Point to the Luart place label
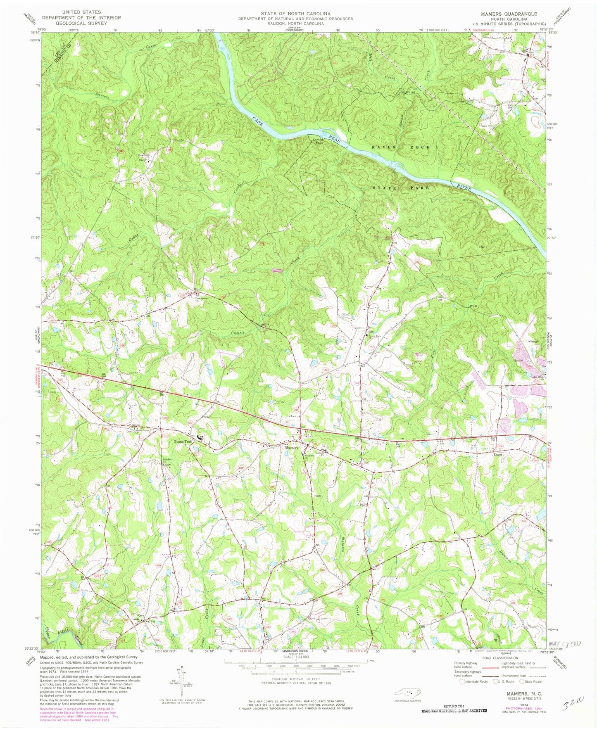click(x=498, y=455)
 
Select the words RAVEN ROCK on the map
click(x=400, y=147)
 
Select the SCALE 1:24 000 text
click(x=296, y=656)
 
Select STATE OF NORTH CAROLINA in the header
click(x=295, y=14)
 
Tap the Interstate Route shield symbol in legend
click(x=462, y=681)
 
